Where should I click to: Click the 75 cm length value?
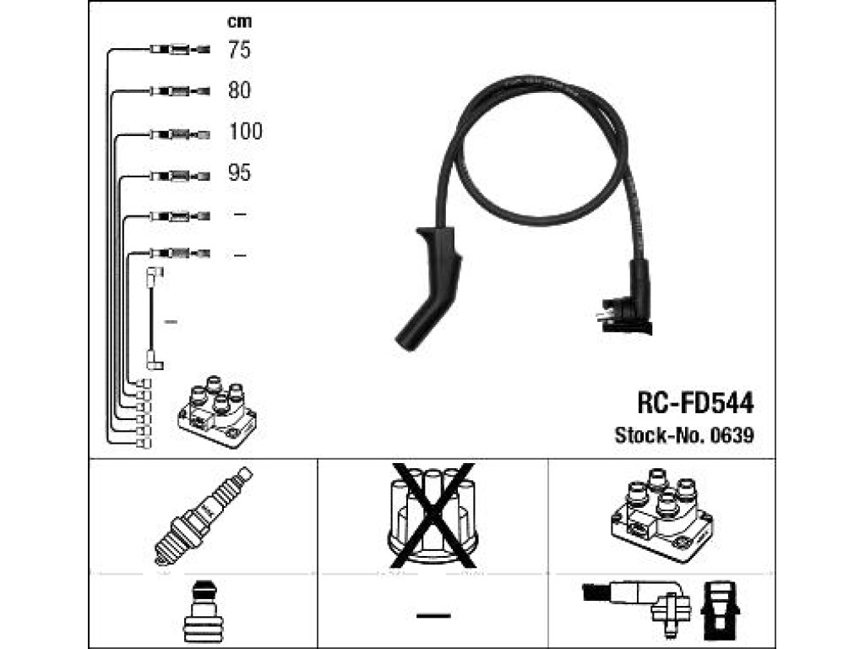[x=239, y=50]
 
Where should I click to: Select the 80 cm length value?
[x=239, y=90]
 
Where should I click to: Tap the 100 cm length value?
[x=246, y=131]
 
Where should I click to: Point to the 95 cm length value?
[x=239, y=172]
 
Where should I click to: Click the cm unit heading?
[x=239, y=22]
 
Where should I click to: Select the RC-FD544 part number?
[x=695, y=403]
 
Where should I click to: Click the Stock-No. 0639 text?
[x=684, y=435]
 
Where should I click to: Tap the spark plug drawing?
[x=203, y=516]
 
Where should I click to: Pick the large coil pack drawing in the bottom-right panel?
[x=661, y=515]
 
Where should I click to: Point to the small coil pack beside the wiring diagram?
[x=217, y=412]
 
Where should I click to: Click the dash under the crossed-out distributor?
[x=433, y=615]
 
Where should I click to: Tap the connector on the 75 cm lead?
[x=180, y=50]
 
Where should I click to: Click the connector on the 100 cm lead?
[x=180, y=134]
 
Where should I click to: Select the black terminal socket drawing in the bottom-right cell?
[x=720, y=613]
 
